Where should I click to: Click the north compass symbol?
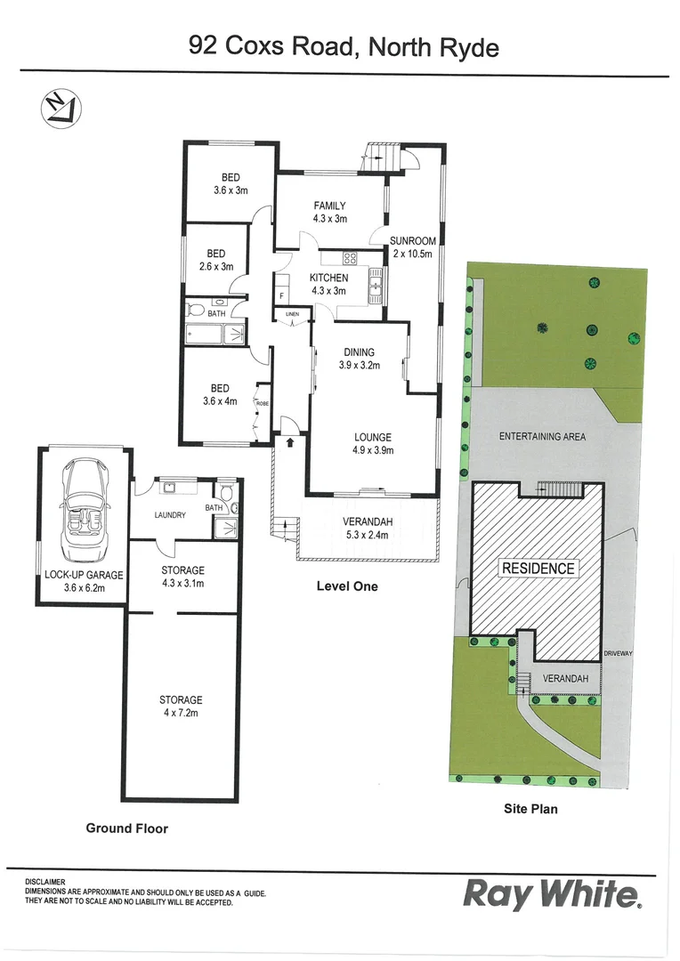[61, 108]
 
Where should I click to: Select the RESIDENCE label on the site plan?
[538, 569]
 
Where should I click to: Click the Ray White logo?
[552, 894]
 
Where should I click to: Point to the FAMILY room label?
[329, 206]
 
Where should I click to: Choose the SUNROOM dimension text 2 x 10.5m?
[413, 254]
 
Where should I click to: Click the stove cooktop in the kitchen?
[350, 260]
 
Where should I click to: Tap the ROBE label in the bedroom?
[263, 404]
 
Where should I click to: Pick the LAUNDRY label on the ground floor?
[169, 515]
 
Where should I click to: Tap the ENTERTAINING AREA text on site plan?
[542, 437]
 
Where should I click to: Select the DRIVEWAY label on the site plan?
[618, 654]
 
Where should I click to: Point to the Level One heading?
[347, 586]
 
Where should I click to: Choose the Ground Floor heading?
[126, 828]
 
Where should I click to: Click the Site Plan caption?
[530, 810]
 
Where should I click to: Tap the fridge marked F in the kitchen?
[282, 295]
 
